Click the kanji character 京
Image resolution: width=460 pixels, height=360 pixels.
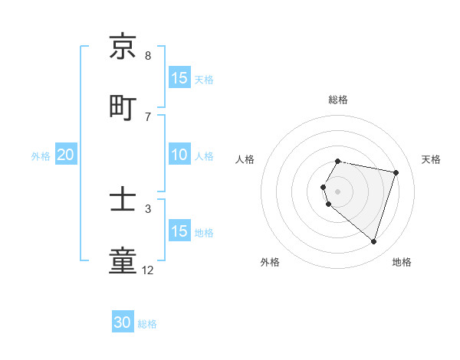[x=123, y=47]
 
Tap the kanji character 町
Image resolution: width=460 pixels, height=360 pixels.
[x=123, y=108]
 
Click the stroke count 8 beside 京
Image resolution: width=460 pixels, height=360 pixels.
[x=148, y=56]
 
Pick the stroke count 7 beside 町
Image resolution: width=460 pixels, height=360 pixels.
[x=148, y=117]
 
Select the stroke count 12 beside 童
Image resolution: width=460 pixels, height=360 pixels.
[x=148, y=270]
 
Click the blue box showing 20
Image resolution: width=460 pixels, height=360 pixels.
[x=66, y=155]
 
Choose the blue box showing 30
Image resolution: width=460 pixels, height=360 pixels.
[x=123, y=323]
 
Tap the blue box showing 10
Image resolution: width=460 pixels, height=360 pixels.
[x=179, y=155]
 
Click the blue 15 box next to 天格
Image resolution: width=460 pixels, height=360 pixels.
[x=179, y=78]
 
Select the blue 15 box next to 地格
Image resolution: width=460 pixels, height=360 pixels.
[x=179, y=231]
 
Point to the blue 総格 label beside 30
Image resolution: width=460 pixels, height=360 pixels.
[x=147, y=324]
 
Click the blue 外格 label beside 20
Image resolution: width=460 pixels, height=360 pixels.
[x=41, y=155]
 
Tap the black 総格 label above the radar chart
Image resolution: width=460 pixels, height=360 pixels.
[x=338, y=100]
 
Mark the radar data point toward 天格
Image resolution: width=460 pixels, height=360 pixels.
[x=396, y=172]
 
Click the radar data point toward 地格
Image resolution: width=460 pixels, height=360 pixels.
[x=373, y=242]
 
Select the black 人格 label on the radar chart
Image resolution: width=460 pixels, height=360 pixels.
[x=245, y=159]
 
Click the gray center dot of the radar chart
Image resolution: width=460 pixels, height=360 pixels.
[x=338, y=191]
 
